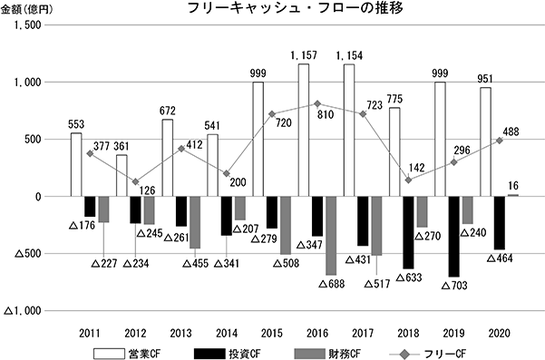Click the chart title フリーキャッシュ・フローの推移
point(295,7)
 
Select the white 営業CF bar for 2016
point(304,130)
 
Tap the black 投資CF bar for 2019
point(453,237)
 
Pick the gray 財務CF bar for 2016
point(331,236)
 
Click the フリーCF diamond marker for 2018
point(408,180)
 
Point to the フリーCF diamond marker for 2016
point(317,103)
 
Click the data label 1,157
point(304,55)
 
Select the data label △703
point(454,286)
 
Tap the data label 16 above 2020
point(513,186)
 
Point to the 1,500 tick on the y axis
point(27,25)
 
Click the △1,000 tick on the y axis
point(23,311)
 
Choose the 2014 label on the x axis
point(227,333)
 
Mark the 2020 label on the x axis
point(499,333)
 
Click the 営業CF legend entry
point(127,354)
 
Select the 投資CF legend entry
point(228,354)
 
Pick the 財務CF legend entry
point(327,354)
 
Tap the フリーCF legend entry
point(427,354)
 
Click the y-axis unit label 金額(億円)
point(27,10)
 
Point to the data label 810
point(326,114)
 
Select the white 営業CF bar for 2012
point(122,176)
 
